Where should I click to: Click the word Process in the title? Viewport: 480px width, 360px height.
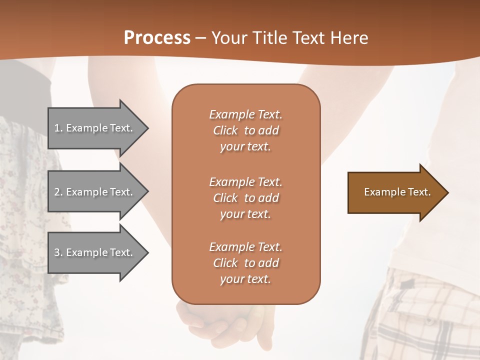pos(157,38)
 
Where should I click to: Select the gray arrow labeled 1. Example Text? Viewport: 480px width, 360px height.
pos(95,128)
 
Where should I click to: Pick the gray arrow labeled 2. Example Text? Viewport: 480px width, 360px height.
pos(95,192)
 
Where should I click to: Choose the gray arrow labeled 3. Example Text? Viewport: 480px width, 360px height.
pos(95,252)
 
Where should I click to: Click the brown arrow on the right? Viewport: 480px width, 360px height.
pos(395,192)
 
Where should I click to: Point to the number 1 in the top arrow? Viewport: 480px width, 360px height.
pos(57,128)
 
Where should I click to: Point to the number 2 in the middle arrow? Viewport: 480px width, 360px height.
pos(57,192)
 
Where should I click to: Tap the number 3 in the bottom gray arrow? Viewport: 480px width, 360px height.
pos(57,252)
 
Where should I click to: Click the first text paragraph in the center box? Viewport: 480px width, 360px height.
pos(245,130)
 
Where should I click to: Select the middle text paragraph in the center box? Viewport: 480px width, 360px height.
pos(245,198)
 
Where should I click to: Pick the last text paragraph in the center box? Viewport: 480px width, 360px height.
pos(245,263)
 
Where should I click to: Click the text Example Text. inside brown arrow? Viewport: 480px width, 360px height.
pos(397,192)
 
